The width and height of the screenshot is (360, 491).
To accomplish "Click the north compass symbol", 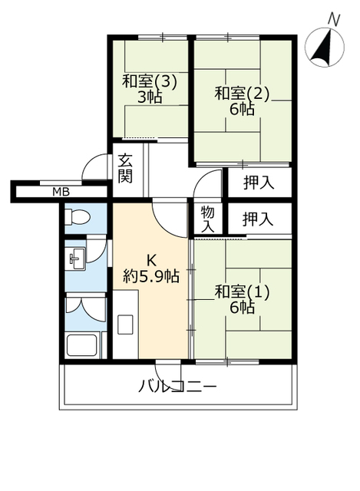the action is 324,48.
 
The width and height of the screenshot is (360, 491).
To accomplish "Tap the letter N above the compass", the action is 334,21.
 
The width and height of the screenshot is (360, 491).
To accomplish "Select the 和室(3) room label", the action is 150,82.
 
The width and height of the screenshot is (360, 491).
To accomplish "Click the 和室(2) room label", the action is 242,94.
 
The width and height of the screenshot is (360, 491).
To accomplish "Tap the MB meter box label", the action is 61,192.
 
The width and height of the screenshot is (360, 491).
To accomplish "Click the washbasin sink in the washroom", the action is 77,259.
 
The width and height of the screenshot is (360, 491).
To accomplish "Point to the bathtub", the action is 82,345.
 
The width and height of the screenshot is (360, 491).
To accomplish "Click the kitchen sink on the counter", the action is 125,325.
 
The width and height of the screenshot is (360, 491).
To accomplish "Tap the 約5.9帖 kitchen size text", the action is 151,276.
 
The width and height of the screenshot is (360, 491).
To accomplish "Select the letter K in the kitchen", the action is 152,260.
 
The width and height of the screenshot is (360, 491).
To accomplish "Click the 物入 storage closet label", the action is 207,219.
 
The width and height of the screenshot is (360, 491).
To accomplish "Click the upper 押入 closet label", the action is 259,183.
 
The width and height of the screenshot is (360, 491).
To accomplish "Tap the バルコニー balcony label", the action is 177,387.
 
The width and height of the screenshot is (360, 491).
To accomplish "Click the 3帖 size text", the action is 150,97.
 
